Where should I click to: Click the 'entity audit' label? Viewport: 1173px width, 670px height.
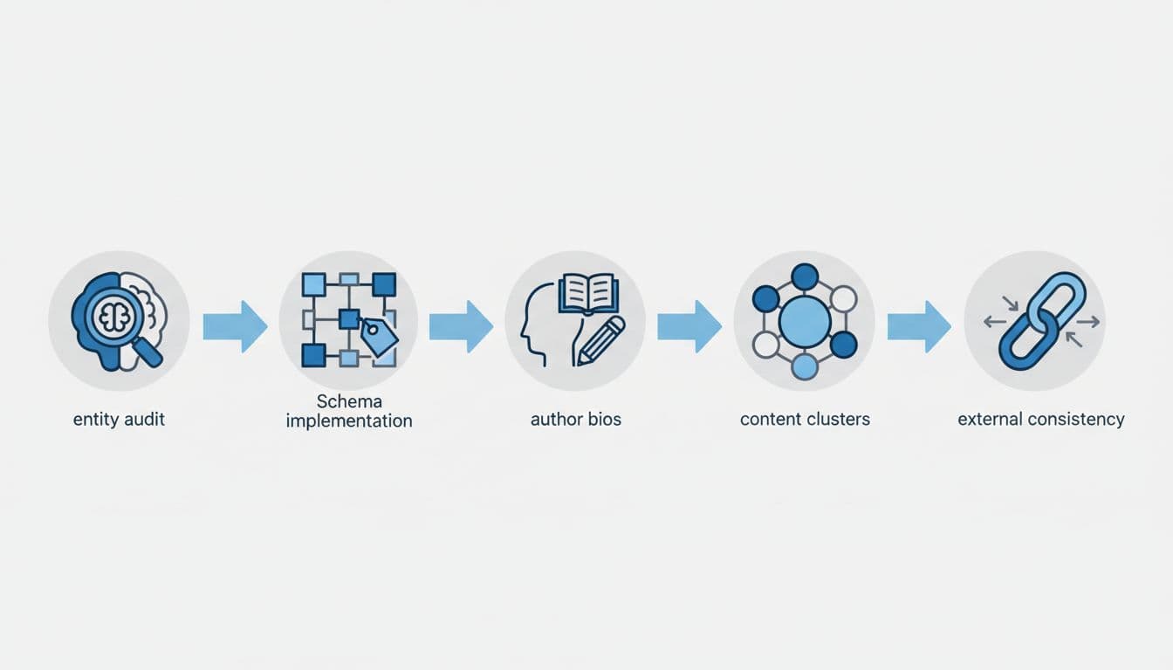119,420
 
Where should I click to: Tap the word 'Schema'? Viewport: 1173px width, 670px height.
349,402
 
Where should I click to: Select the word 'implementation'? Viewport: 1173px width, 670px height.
349,421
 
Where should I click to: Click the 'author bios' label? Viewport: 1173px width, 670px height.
576,420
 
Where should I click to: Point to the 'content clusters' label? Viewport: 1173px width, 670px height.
805,420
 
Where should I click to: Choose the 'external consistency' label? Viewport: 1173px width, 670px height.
1040,420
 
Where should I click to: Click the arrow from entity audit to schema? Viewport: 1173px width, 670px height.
235,326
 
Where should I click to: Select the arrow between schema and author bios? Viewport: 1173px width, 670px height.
461,326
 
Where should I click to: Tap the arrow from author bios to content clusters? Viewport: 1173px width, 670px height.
689,326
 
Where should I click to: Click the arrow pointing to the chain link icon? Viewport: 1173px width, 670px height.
918,326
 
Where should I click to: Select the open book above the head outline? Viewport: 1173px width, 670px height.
588,293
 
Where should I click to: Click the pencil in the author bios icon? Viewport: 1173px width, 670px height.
601,340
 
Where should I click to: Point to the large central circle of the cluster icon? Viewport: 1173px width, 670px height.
804,321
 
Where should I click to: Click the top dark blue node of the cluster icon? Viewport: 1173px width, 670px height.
804,277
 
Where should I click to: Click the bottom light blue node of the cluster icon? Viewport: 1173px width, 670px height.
804,366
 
